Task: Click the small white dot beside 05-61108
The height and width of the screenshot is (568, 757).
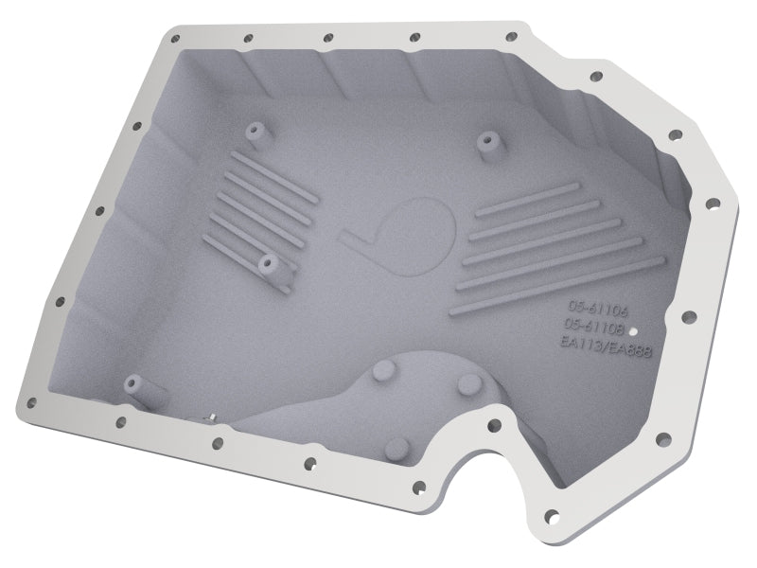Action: (634, 332)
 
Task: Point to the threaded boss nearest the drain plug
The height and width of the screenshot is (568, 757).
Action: (132, 382)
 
